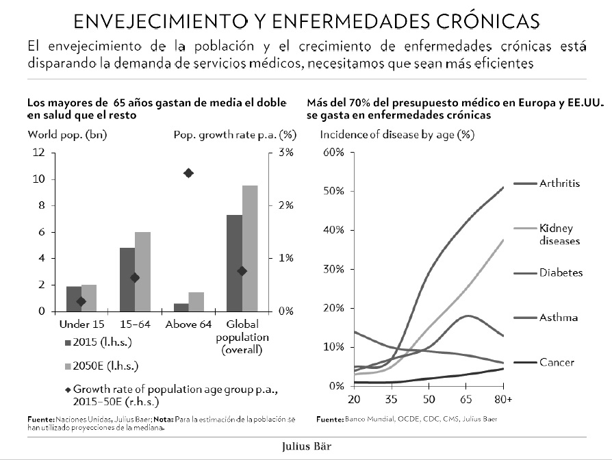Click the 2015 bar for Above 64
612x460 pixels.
[x=181, y=307]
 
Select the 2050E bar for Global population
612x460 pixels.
[x=250, y=248]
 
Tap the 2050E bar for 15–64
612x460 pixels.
[x=143, y=271]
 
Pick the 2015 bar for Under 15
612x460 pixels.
[x=74, y=298]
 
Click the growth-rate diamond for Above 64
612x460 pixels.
[x=189, y=173]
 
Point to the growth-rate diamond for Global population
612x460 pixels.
[x=242, y=271]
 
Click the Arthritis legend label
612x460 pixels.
[x=559, y=183]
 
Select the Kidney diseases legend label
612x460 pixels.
[x=559, y=234]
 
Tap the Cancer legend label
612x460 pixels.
[x=556, y=362]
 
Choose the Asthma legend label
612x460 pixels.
[x=558, y=318]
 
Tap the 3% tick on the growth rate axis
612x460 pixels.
[x=285, y=153]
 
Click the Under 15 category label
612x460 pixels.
[x=82, y=324]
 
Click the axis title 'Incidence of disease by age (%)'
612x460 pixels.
[x=397, y=133]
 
